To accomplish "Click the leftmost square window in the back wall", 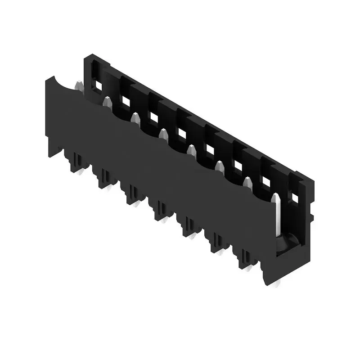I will click(x=98, y=84).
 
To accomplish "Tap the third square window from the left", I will click(x=154, y=117).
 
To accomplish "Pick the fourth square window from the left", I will click(x=182, y=133).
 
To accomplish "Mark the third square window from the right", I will click(x=238, y=166).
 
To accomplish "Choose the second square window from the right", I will click(x=266, y=181).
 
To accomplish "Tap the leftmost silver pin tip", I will click(x=79, y=85).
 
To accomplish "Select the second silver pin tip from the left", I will click(x=107, y=101).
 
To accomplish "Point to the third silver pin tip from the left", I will click(x=135, y=118).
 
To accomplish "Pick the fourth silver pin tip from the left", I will click(x=163, y=134).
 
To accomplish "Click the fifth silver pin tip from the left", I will click(x=191, y=150).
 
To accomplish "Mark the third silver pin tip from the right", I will click(x=220, y=167).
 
